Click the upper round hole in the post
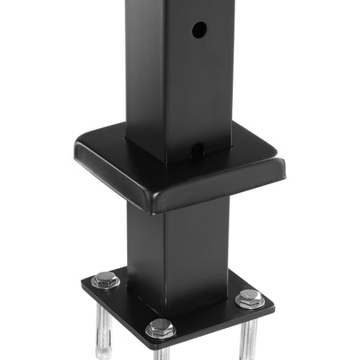[x=198, y=29]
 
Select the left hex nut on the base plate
[x=106, y=280]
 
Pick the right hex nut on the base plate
[x=250, y=299]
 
